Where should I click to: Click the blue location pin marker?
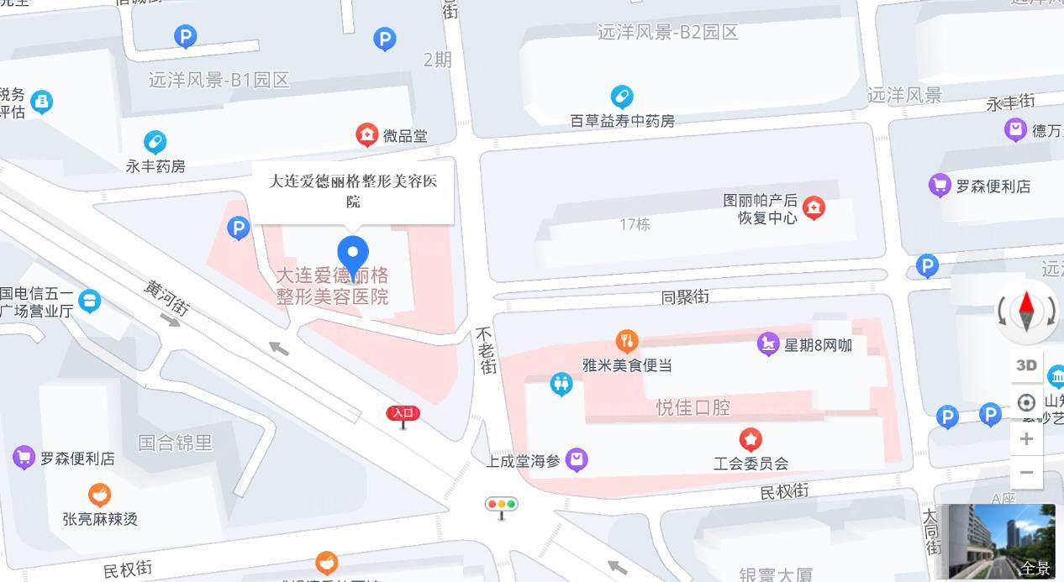[353, 254]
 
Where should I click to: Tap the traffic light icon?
[502, 506]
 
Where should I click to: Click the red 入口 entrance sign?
[403, 413]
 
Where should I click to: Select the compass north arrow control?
[1026, 312]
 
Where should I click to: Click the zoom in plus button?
[1026, 439]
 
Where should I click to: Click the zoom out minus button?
[1026, 473]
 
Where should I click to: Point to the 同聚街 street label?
[685, 296]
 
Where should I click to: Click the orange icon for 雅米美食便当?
[626, 341]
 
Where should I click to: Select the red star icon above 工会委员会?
[750, 439]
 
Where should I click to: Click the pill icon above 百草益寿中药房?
[622, 96]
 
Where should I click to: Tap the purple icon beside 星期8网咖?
[768, 344]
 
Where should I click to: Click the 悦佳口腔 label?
[693, 407]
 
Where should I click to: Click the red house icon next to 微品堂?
[366, 135]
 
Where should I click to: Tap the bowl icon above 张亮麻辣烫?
[99, 495]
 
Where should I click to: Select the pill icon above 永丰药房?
[155, 142]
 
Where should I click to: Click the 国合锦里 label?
[176, 442]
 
